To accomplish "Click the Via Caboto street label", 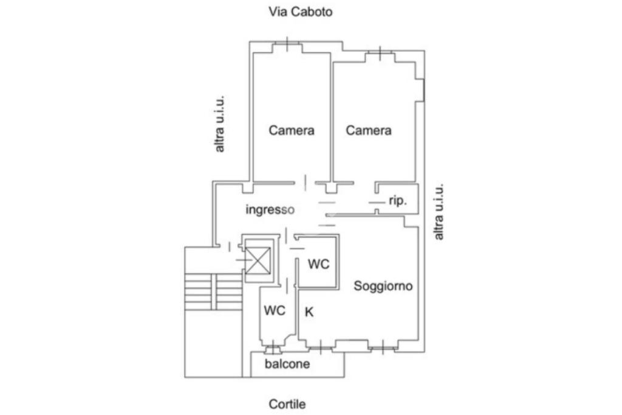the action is [x=301, y=12].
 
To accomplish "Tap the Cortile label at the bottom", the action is [x=287, y=404].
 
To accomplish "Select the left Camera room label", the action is [x=292, y=130].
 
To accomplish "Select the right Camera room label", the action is [x=369, y=130].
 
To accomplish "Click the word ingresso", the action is [x=270, y=209].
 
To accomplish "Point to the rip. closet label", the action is [x=397, y=201].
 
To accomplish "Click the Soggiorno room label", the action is [x=383, y=285].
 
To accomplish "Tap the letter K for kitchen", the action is [x=309, y=312].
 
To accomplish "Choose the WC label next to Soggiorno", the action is [x=318, y=264].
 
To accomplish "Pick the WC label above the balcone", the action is [x=275, y=310].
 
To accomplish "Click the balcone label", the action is [x=287, y=364].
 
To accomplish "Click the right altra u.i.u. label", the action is [x=439, y=211].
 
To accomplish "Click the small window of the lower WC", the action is [x=273, y=349].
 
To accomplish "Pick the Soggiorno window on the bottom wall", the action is [x=383, y=348].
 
